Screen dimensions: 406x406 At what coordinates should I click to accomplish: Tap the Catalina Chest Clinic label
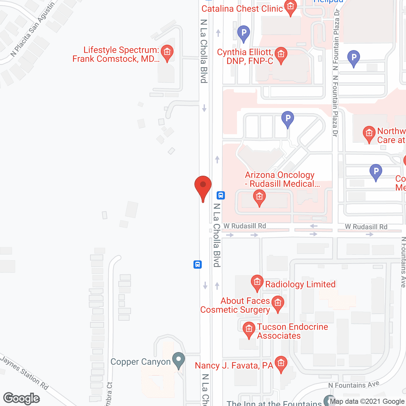[242, 9]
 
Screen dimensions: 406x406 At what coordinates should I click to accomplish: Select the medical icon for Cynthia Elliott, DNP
[281, 55]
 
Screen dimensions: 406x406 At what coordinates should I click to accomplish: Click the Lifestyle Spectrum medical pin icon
[167, 52]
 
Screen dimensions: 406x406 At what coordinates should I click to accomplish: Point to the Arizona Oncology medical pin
[259, 197]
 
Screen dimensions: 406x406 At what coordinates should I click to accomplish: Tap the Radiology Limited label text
[300, 284]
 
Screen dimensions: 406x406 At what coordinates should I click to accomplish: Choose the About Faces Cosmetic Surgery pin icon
[278, 303]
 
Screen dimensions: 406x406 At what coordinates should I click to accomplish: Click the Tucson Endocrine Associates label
[292, 331]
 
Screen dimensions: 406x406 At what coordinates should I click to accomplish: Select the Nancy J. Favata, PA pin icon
[281, 363]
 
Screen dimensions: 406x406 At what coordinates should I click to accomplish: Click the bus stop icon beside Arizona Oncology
[221, 195]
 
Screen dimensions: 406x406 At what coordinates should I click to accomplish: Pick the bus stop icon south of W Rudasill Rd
[198, 264]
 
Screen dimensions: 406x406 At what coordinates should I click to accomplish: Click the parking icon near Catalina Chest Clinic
[244, 33]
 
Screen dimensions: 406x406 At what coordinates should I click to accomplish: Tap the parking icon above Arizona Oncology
[288, 119]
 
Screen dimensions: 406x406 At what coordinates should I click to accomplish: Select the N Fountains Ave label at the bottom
[354, 385]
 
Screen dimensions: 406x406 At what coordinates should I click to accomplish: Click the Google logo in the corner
[22, 398]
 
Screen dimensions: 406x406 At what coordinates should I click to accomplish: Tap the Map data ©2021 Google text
[367, 402]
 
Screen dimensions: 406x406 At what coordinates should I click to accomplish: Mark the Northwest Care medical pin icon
[369, 134]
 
